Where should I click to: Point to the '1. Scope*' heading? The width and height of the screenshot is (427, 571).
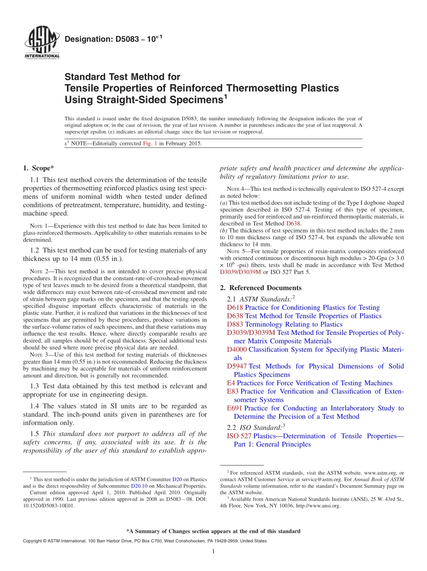pyautogui.click(x=38, y=168)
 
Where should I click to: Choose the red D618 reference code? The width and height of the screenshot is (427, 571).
pyautogui.click(x=235, y=307)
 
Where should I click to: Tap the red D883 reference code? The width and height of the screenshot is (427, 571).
pyautogui.click(x=235, y=325)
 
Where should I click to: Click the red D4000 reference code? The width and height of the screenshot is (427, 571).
pyautogui.click(x=237, y=349)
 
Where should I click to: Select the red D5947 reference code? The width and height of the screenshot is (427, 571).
pyautogui.click(x=237, y=366)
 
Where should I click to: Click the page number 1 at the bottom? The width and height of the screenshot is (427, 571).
pyautogui.click(x=213, y=551)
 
